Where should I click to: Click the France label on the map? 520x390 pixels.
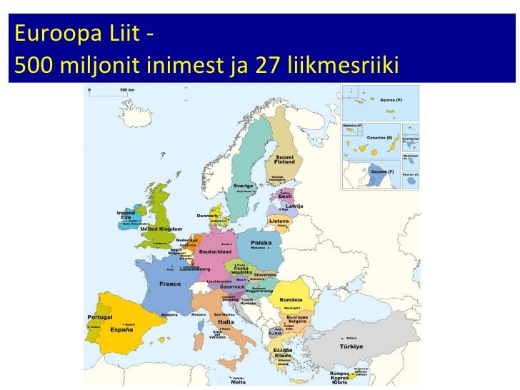pos(170,284)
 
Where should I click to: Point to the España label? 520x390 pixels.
pos(121,331)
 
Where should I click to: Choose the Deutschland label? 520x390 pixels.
pos(215,252)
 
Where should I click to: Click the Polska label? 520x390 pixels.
pos(261,243)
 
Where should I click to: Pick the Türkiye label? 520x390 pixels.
pos(351,346)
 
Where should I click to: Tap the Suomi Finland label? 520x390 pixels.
pos(285,159)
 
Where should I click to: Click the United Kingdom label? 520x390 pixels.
pos(156,229)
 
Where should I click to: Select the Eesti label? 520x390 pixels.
pos(285,196)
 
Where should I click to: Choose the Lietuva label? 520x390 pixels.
pos(279,221)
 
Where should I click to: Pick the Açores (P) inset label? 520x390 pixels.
pos(390,100)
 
